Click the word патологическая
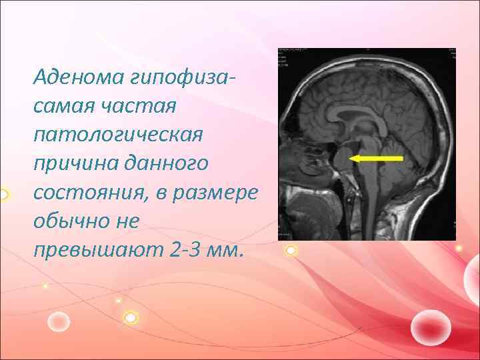click(117, 134)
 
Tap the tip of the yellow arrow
click(351, 158)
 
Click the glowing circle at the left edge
click(3, 195)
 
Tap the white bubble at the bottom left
click(59, 322)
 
